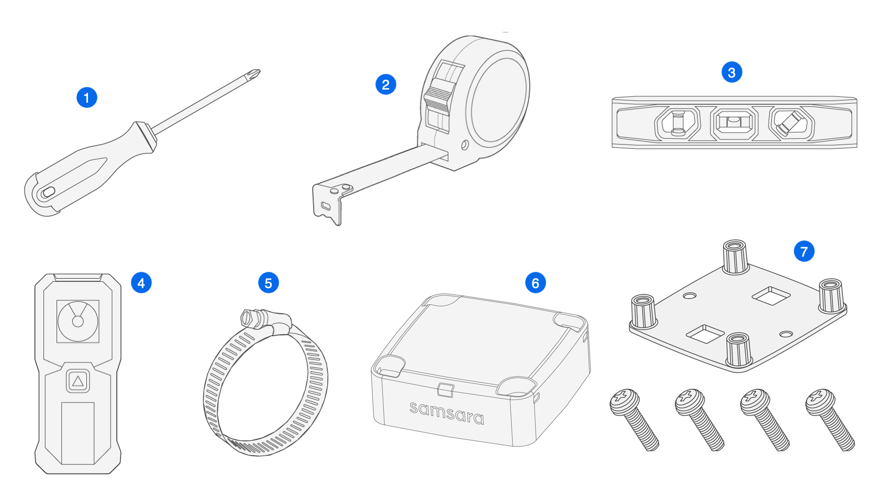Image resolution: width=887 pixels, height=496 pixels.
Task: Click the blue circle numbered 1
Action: click(87, 97)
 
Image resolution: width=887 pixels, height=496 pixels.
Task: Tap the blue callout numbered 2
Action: click(386, 84)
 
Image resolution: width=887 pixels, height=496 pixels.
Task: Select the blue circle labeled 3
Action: click(732, 72)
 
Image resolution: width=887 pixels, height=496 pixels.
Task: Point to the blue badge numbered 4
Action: click(141, 283)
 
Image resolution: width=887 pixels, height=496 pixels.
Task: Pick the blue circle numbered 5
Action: click(269, 283)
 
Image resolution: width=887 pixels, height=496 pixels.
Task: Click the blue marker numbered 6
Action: click(536, 283)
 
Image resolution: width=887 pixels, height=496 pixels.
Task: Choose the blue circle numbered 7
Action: click(804, 251)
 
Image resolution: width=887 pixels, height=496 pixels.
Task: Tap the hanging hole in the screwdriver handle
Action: click(48, 192)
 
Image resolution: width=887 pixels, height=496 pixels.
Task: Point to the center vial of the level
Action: click(734, 124)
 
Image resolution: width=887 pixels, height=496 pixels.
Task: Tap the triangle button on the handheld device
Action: click(78, 381)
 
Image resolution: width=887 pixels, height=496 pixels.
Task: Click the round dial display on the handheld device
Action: click(78, 321)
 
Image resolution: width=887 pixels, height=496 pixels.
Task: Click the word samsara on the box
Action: click(447, 412)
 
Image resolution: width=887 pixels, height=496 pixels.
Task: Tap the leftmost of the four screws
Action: click(634, 419)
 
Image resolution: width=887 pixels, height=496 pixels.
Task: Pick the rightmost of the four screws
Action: click(829, 419)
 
